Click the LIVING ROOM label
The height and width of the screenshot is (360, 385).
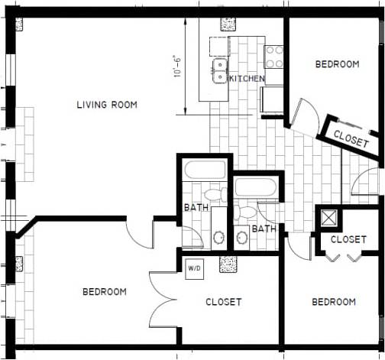click(107, 105)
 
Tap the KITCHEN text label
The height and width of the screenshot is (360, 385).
click(247, 79)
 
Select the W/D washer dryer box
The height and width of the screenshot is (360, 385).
click(193, 268)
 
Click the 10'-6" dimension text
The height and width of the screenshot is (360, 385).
click(178, 66)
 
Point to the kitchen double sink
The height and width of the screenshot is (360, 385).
click(219, 71)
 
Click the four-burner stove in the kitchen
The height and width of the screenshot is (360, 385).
click(273, 54)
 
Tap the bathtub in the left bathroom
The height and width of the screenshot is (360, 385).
click(205, 170)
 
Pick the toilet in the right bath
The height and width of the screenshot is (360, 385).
click(247, 211)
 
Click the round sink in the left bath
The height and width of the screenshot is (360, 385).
click(218, 237)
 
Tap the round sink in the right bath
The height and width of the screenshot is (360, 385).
click(242, 237)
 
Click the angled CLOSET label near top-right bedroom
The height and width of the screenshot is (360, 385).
click(351, 138)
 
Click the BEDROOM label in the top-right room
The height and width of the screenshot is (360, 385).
click(337, 65)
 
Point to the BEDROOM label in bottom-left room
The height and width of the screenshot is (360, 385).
click(105, 292)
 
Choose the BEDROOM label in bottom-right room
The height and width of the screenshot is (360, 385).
click(334, 302)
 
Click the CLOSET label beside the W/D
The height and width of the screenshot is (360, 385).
click(224, 302)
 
